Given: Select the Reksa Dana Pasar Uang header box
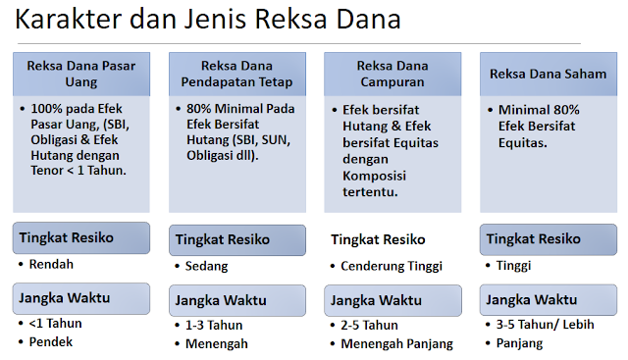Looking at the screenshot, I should pyautogui.click(x=81, y=74).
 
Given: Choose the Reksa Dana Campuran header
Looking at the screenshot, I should pyautogui.click(x=392, y=74).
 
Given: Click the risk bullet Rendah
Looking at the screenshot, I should pyautogui.click(x=51, y=264).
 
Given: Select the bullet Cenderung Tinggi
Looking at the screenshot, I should pyautogui.click(x=392, y=266).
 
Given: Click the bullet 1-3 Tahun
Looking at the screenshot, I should pyautogui.click(x=213, y=325).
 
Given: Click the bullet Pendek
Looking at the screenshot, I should pyautogui.click(x=53, y=341).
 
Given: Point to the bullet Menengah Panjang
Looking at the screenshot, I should pyautogui.click(x=396, y=343).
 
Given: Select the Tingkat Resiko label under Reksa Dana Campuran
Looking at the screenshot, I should pyautogui.click(x=378, y=239).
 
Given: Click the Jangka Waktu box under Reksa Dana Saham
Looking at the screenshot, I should pyautogui.click(x=548, y=299).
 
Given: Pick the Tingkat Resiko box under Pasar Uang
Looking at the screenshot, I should pyautogui.click(x=81, y=237).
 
